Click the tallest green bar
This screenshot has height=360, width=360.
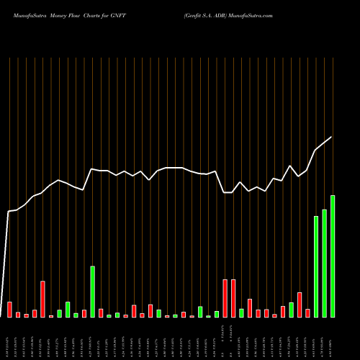click(x=333, y=256)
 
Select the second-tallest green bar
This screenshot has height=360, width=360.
click(x=324, y=263)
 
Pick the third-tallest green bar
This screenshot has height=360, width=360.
click(x=316, y=266)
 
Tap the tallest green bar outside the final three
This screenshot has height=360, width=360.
click(x=92, y=292)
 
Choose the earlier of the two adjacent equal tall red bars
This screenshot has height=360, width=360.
click(x=225, y=298)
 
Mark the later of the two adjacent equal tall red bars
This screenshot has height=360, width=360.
click(x=233, y=298)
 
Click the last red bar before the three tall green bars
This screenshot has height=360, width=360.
click(x=307, y=313)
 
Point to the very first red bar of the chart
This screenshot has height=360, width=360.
click(x=9, y=310)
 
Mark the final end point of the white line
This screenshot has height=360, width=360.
click(x=332, y=137)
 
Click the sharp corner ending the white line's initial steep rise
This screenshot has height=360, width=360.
click(x=9, y=211)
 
